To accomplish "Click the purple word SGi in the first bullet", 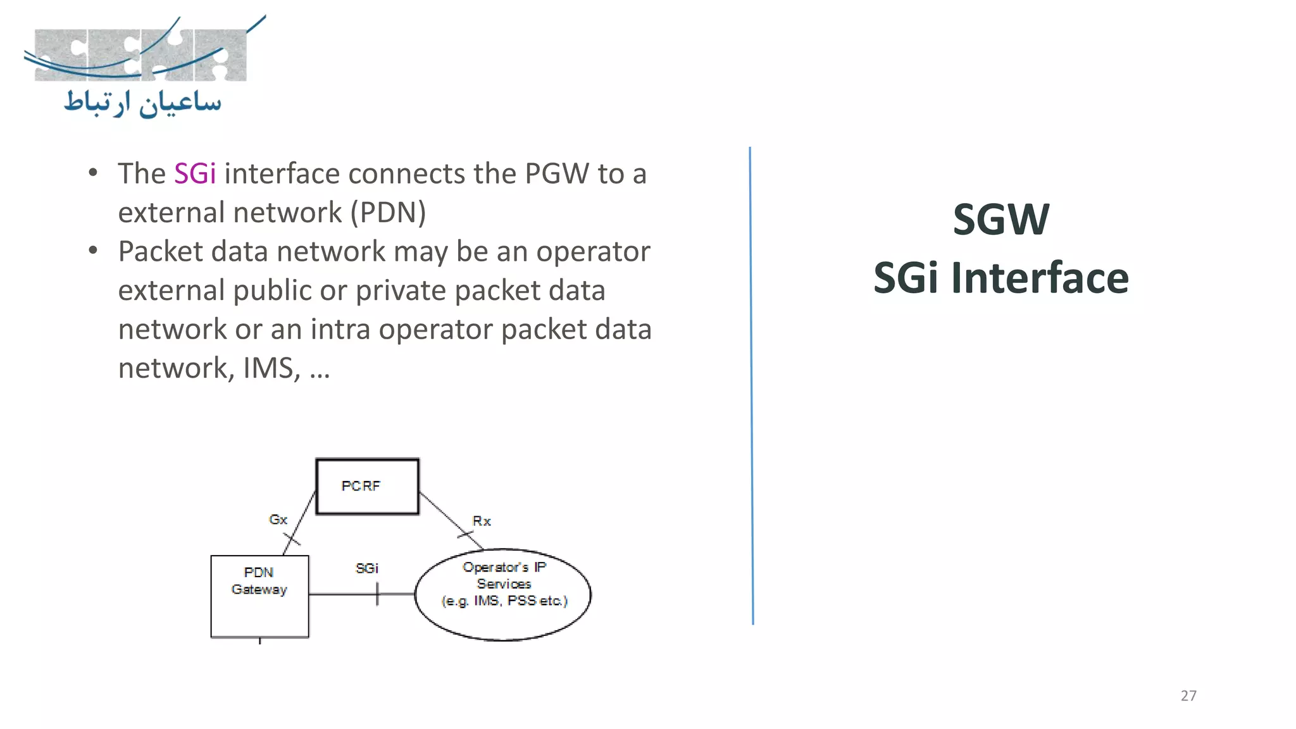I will pyautogui.click(x=194, y=174).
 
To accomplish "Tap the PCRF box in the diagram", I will pyautogui.click(x=367, y=486).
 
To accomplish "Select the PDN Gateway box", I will pyautogui.click(x=259, y=596).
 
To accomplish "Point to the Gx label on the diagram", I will pyautogui.click(x=278, y=520).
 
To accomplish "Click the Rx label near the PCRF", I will pyautogui.click(x=482, y=521).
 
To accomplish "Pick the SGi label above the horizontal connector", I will pyautogui.click(x=366, y=568).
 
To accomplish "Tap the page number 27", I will pyautogui.click(x=1188, y=695).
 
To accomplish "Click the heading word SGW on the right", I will pyautogui.click(x=1001, y=220).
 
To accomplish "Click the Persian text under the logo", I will pyautogui.click(x=143, y=103).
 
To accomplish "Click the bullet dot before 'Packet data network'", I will pyautogui.click(x=94, y=251).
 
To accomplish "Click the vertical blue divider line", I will pyautogui.click(x=751, y=386).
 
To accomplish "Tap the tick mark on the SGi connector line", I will pyautogui.click(x=377, y=594).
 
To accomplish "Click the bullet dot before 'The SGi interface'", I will pyautogui.click(x=94, y=173).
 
